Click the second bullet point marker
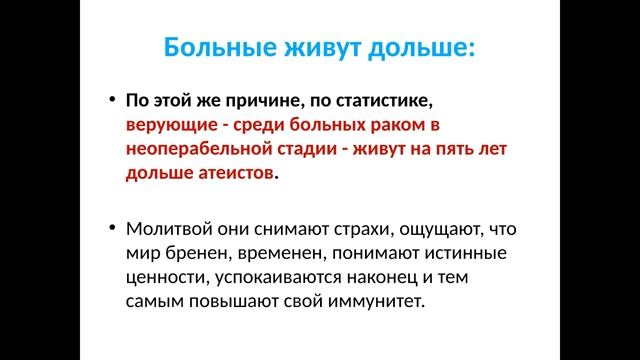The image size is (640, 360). [111, 227]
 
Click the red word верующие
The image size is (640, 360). [165, 126]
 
